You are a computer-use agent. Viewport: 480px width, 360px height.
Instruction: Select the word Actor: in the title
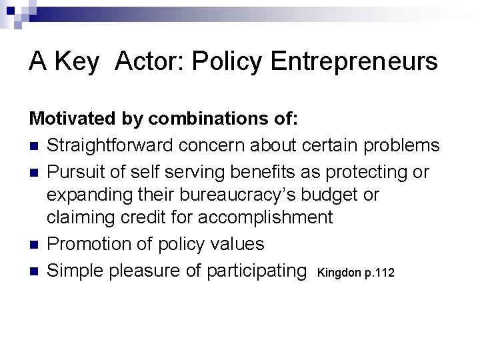(x=150, y=62)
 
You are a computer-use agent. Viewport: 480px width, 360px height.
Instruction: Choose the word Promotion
(x=90, y=243)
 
